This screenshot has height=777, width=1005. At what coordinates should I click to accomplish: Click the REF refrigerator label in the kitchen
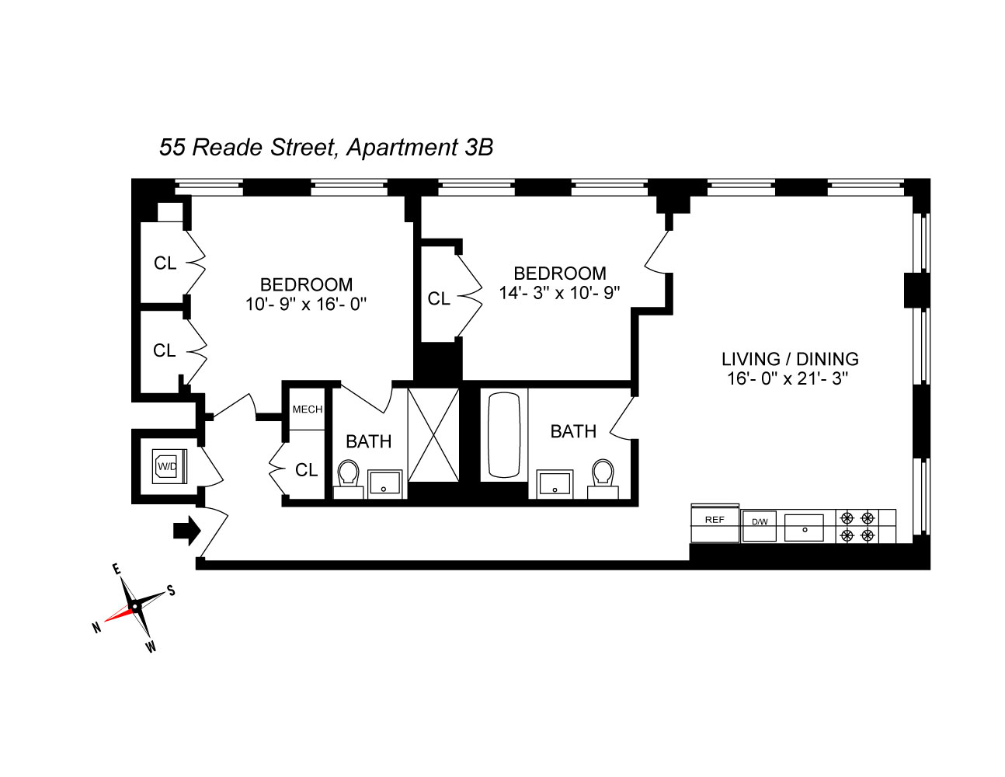[x=714, y=519]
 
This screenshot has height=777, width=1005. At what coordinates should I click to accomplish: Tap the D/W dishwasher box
[x=759, y=526]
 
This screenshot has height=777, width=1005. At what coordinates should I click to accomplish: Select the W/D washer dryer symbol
[x=169, y=466]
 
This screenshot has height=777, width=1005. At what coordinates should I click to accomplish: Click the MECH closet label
[x=308, y=409]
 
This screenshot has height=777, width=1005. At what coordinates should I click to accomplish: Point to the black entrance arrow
[x=187, y=531]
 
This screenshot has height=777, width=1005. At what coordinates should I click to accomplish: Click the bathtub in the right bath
[x=504, y=435]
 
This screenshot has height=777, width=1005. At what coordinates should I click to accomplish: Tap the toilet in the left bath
[x=348, y=479]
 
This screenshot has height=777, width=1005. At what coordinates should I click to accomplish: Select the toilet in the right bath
[x=603, y=478]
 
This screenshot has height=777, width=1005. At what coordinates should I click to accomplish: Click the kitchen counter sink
[x=805, y=528]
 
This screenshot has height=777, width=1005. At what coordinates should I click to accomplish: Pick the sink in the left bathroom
[x=384, y=484]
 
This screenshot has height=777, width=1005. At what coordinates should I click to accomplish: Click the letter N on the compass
[x=96, y=628]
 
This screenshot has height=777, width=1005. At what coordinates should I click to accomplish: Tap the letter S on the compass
[x=171, y=591]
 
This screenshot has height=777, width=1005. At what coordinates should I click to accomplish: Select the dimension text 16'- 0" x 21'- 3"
[x=788, y=379]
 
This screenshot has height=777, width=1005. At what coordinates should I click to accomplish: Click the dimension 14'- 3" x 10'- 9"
[x=559, y=293]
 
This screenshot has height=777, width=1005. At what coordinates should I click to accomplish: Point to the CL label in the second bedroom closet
[x=439, y=299]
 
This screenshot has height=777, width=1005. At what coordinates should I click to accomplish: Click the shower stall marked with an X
[x=433, y=435]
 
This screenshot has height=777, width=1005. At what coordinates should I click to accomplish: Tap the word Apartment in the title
[x=402, y=148]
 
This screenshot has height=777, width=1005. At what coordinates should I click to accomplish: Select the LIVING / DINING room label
[x=790, y=359]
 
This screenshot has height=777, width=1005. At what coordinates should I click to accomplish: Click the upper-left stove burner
[x=847, y=517]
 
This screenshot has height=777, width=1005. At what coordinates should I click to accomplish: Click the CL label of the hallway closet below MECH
[x=307, y=470]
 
